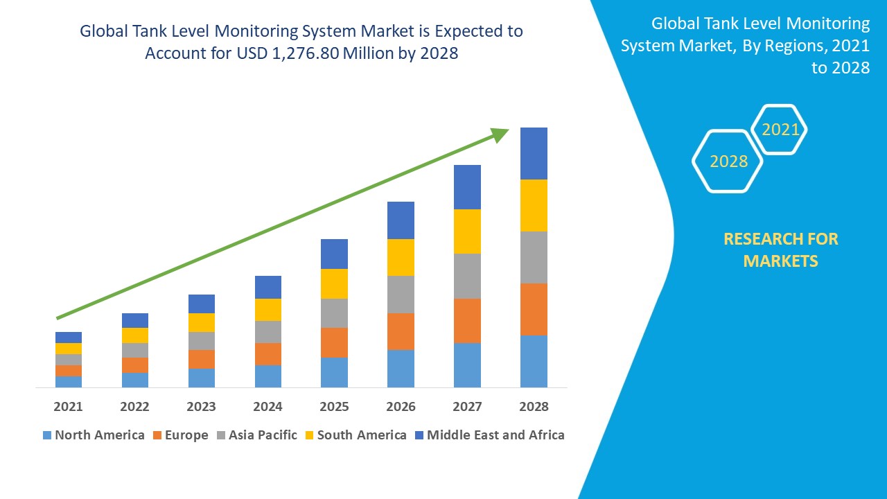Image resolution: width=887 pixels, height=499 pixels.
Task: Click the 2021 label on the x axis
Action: pyautogui.click(x=68, y=406)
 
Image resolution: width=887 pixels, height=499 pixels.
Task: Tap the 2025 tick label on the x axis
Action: pyautogui.click(x=334, y=406)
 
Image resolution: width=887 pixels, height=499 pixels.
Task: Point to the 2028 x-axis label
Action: pyautogui.click(x=534, y=406)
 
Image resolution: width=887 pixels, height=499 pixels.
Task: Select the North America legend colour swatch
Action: pyautogui.click(x=47, y=435)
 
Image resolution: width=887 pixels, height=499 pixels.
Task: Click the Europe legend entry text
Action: pyautogui.click(x=186, y=435)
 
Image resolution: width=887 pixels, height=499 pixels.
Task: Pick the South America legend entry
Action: pyautogui.click(x=362, y=435)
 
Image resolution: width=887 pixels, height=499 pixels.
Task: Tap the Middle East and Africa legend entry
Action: pyautogui.click(x=495, y=435)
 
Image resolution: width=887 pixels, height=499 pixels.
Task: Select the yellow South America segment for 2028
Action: pyautogui.click(x=534, y=205)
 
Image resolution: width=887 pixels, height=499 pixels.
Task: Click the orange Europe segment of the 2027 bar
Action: pyautogui.click(x=467, y=320)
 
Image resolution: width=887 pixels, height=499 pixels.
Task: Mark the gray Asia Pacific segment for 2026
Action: pyautogui.click(x=401, y=295)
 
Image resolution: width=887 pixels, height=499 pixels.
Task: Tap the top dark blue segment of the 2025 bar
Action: pyautogui.click(x=334, y=254)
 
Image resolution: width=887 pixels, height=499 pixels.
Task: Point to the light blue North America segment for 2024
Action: pyautogui.click(x=267, y=376)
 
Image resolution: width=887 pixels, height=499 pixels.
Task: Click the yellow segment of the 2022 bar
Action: pyautogui.click(x=134, y=335)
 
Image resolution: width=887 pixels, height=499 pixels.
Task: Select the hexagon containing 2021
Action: pyautogui.click(x=780, y=130)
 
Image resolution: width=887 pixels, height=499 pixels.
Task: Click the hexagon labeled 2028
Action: pyautogui.click(x=728, y=161)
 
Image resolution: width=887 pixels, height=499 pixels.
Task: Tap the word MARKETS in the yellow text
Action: pyautogui.click(x=780, y=261)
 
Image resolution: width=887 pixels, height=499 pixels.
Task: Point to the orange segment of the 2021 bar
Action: pyautogui.click(x=68, y=371)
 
